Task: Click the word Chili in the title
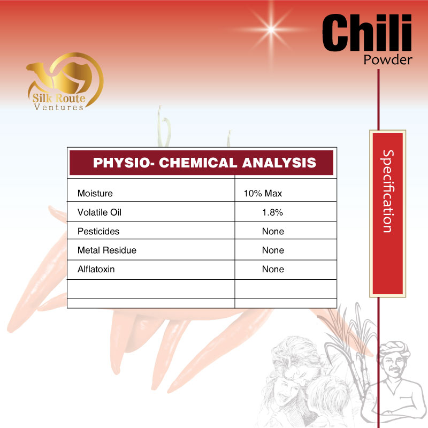[x=367, y=33]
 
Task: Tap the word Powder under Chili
[x=387, y=59]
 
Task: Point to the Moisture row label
[x=95, y=193]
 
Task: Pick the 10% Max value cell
[x=263, y=193]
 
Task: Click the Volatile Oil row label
[x=100, y=212]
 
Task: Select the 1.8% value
[x=272, y=212]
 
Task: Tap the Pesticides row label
[x=98, y=232]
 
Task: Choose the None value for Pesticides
[x=273, y=232]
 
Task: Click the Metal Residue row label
[x=107, y=250]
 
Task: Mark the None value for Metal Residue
[x=273, y=250]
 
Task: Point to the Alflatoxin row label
[x=96, y=269]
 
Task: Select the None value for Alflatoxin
[x=273, y=269]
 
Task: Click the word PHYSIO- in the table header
[x=124, y=163]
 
